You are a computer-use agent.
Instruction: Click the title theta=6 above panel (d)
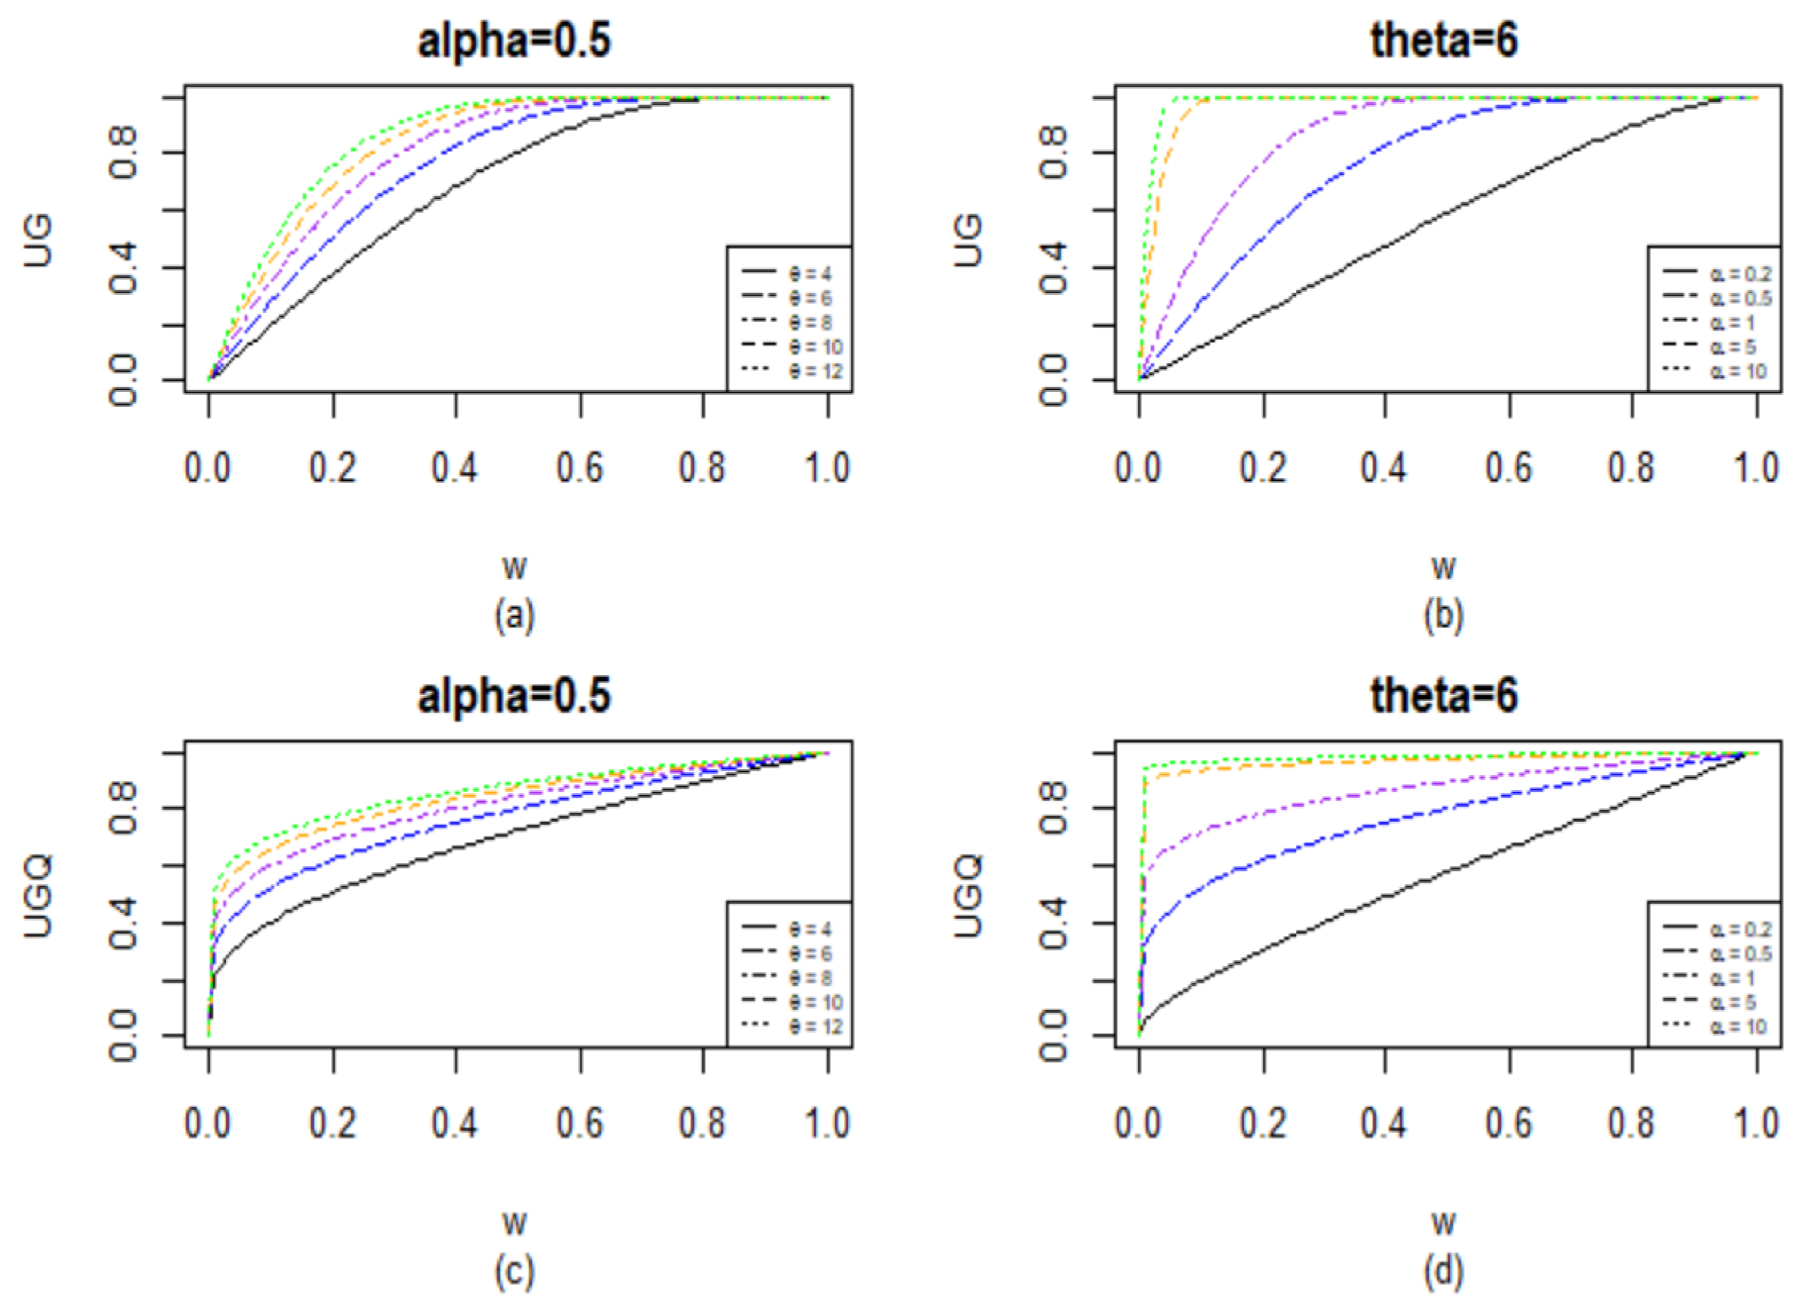point(1443,696)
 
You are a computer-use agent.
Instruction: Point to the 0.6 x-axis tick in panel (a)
point(580,467)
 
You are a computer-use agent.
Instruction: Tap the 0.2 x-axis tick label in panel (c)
point(334,1123)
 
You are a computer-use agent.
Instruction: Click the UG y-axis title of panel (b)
point(969,239)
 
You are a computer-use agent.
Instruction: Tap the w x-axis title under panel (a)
point(515,568)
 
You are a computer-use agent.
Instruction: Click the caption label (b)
point(1443,616)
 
